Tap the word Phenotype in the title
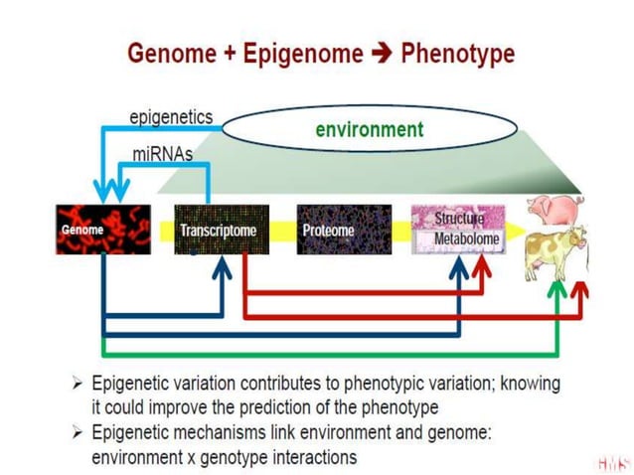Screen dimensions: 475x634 (457, 53)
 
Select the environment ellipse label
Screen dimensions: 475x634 (370, 129)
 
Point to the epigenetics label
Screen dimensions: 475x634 (171, 117)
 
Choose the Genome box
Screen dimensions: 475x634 (103, 230)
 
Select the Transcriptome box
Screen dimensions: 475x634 (220, 230)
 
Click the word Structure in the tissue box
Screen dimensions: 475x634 (459, 218)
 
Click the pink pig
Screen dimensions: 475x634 (555, 211)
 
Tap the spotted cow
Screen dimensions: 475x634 (554, 254)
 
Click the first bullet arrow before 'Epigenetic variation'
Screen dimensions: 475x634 (78, 383)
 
